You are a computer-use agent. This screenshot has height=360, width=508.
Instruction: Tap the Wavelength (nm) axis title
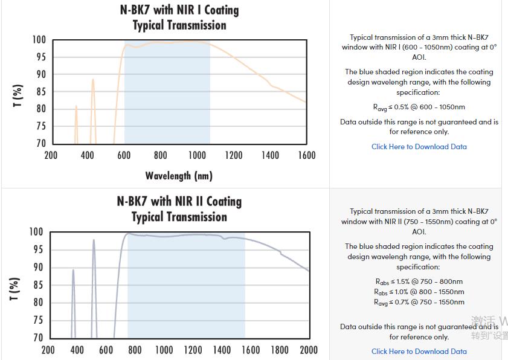pyautogui.click(x=179, y=176)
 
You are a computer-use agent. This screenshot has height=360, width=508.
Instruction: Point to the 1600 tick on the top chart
pyautogui.click(x=307, y=156)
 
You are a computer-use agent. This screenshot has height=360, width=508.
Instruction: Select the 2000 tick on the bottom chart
pyautogui.click(x=308, y=350)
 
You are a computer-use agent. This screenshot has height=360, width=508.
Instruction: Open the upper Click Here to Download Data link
pyautogui.click(x=419, y=147)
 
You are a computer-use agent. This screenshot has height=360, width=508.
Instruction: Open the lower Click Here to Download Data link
pyautogui.click(x=419, y=352)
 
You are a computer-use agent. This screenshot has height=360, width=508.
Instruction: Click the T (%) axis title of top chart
pyautogui.click(x=18, y=96)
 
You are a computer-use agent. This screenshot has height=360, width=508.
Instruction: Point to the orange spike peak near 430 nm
pyautogui.click(x=93, y=80)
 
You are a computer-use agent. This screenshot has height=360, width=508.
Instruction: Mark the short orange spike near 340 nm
pyautogui.click(x=76, y=107)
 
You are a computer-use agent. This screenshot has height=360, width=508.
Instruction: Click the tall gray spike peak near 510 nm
pyautogui.click(x=94, y=240)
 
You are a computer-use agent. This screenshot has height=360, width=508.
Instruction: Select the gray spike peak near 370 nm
pyautogui.click(x=73, y=271)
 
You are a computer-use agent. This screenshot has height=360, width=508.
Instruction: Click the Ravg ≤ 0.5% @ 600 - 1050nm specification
pyautogui.click(x=419, y=108)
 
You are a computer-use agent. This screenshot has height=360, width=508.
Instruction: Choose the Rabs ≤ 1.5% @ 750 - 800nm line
pyautogui.click(x=419, y=281)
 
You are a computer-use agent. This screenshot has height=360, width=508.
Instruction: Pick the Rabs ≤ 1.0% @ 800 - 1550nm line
pyautogui.click(x=419, y=292)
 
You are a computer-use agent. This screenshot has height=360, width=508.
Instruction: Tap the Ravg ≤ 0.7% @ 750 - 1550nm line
pyautogui.click(x=419, y=302)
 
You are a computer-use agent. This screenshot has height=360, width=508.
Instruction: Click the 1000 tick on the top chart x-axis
pyautogui.click(x=197, y=156)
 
